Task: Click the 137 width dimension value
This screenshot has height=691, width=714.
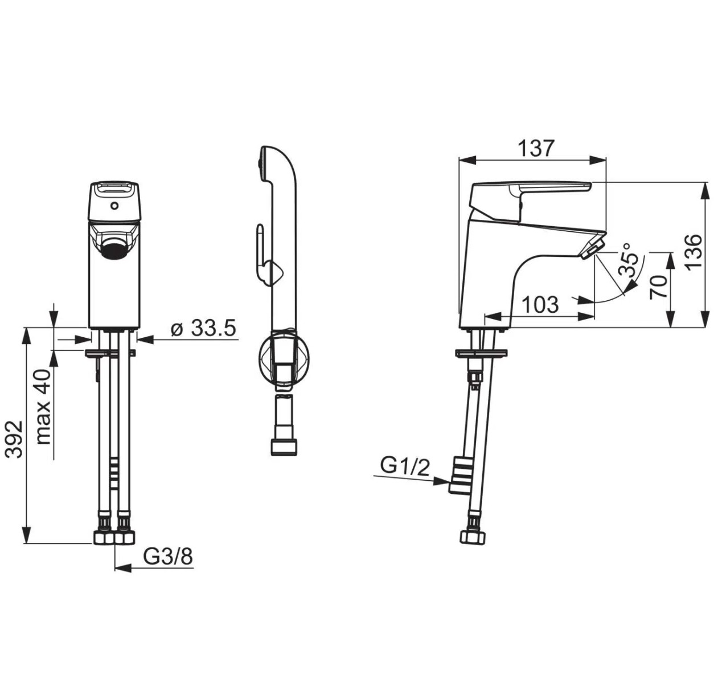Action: [535, 149]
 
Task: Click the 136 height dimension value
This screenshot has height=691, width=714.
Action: [694, 252]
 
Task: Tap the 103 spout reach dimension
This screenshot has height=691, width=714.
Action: [540, 304]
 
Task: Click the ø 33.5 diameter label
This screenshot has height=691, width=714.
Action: [203, 328]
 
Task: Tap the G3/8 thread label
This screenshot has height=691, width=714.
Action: [167, 557]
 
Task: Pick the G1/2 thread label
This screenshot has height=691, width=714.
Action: [404, 467]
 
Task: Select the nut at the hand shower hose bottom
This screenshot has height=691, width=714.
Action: [284, 446]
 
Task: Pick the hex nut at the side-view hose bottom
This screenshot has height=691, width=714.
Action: [473, 538]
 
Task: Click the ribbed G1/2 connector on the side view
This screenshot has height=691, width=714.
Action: [460, 475]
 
